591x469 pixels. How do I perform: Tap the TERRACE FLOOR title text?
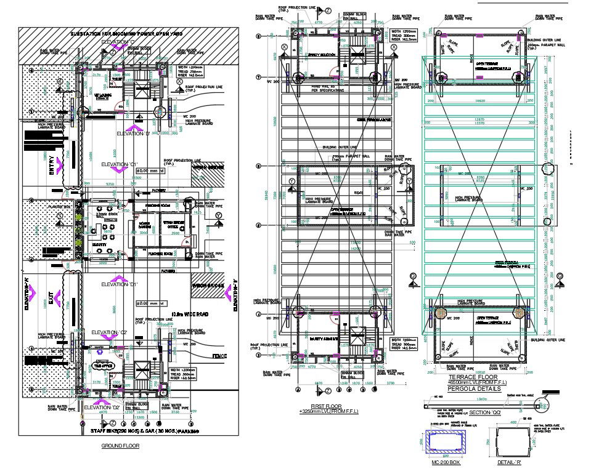(473, 377)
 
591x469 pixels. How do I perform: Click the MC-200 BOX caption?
(446, 462)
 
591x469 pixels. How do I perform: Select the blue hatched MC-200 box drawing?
(446, 441)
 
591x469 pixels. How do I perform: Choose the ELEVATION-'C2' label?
(108, 332)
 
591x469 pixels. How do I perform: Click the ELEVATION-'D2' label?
(102, 407)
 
